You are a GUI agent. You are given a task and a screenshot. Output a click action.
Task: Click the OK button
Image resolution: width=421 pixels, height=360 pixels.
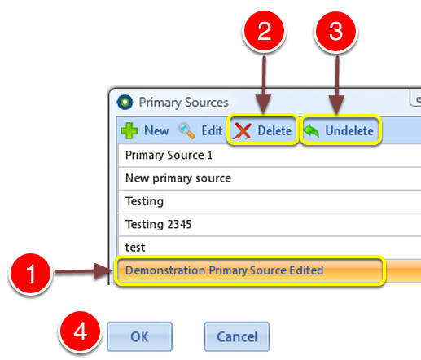click(x=139, y=336)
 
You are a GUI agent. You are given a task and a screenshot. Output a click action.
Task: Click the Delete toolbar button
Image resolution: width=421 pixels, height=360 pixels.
click(x=263, y=130)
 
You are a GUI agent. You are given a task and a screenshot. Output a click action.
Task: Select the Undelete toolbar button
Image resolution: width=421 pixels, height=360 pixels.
click(x=341, y=130)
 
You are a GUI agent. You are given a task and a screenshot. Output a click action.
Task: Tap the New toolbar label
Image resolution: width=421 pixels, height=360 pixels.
click(x=156, y=130)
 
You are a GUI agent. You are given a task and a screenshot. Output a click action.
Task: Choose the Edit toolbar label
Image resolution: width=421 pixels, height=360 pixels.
click(x=212, y=130)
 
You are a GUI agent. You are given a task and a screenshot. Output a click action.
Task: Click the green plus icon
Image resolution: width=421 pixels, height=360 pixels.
click(x=129, y=130)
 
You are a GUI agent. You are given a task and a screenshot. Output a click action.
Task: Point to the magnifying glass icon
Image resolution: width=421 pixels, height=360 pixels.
click(x=186, y=130)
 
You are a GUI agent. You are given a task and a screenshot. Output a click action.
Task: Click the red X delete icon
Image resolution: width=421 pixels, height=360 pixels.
click(x=243, y=131)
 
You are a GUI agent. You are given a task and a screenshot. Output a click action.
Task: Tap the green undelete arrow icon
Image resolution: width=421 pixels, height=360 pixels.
click(x=311, y=131)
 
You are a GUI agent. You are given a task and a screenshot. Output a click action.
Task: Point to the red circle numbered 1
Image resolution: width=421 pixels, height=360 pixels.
click(x=31, y=274)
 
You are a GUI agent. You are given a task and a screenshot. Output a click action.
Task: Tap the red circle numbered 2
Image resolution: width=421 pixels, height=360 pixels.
click(x=264, y=30)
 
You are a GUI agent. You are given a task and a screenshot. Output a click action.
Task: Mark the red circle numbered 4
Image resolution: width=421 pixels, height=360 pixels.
click(x=81, y=331)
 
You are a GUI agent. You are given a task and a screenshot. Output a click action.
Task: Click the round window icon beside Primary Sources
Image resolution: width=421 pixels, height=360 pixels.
click(x=125, y=102)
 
